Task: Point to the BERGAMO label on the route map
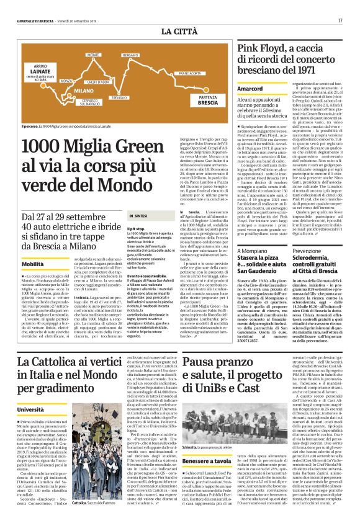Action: coord(130,56)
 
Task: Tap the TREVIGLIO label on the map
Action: coord(119,98)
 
